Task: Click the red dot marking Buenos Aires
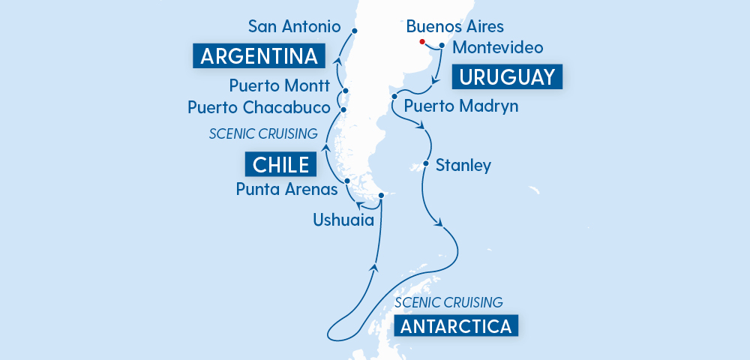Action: tap(422, 42)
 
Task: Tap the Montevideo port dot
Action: tap(442, 46)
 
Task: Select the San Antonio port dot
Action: tap(354, 31)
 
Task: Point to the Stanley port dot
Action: tap(426, 163)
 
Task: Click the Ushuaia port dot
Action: tap(381, 196)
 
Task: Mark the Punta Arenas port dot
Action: tap(346, 181)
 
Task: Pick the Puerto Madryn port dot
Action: tap(394, 97)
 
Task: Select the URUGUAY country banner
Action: tap(507, 77)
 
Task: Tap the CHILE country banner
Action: tap(277, 163)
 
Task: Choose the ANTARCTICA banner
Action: tap(456, 326)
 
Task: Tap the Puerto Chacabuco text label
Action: tap(259, 108)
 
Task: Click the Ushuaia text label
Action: tap(343, 219)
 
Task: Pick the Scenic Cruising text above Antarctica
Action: tap(448, 303)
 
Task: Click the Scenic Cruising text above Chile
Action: tap(263, 134)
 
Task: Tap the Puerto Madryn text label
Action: tap(461, 106)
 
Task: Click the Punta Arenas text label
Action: tap(286, 190)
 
